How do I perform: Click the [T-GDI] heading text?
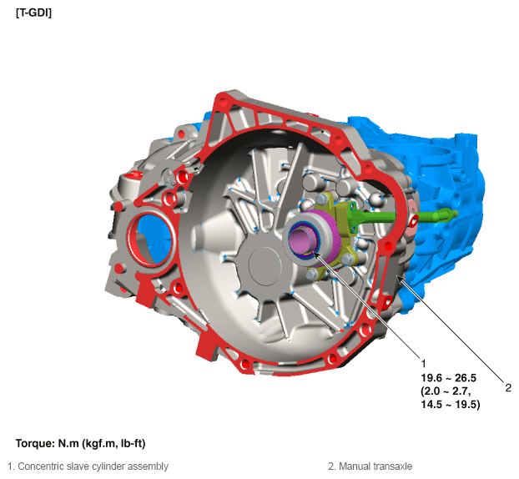[x=33, y=13]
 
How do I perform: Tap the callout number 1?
[x=423, y=364]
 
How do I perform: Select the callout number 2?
[x=508, y=388]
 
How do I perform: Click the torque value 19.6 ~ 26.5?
[x=449, y=378]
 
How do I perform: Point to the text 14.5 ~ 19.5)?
[x=450, y=404]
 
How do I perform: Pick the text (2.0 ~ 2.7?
[x=446, y=391]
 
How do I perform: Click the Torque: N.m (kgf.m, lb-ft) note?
[x=80, y=443]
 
